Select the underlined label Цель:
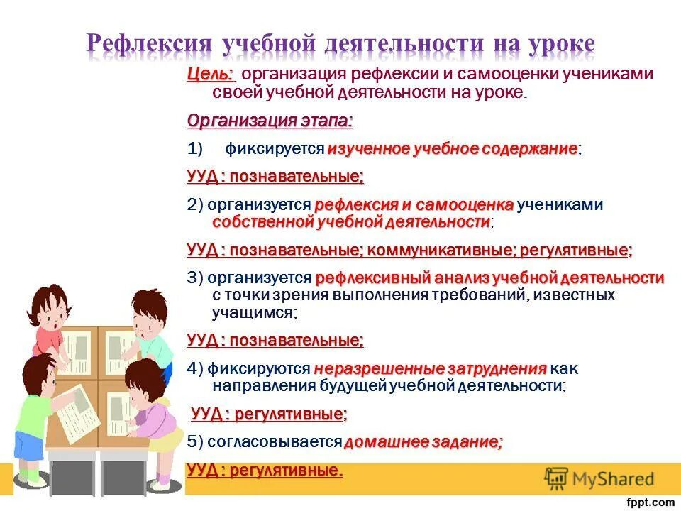click(x=211, y=75)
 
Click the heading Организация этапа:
click(x=270, y=121)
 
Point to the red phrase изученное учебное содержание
click(x=453, y=149)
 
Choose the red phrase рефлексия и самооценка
click(x=414, y=205)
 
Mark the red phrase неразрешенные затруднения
click(x=430, y=369)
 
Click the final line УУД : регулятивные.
click(x=265, y=470)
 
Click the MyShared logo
click(x=599, y=478)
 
